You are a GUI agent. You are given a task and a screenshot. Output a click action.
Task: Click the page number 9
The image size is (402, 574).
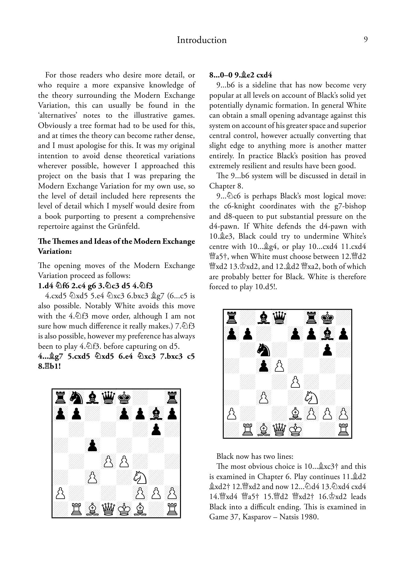click(365, 40)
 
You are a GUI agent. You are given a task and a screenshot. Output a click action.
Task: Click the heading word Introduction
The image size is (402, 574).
click(201, 40)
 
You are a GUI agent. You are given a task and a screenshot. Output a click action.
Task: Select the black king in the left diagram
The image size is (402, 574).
click(124, 398)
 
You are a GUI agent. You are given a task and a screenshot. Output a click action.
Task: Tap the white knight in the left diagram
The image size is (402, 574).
click(140, 478)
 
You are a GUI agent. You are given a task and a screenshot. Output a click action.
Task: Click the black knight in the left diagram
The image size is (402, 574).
click(76, 398)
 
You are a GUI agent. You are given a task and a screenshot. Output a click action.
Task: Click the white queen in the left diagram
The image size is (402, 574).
click(108, 510)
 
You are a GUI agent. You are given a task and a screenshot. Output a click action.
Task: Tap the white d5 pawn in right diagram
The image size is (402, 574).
click(279, 366)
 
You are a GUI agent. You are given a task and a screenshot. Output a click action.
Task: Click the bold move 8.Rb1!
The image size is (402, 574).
click(49, 366)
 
